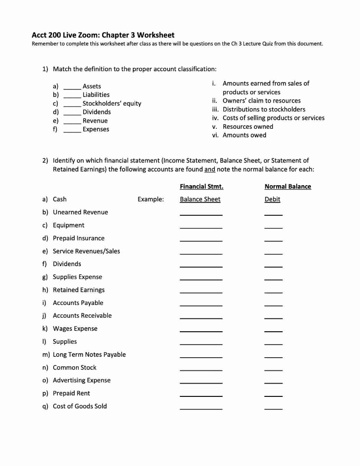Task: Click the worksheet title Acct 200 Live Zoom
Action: pos(103,35)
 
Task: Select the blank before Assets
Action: pos(72,87)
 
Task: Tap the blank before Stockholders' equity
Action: pos(72,104)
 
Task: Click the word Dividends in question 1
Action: pos(96,112)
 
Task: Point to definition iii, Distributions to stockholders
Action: pos(264,109)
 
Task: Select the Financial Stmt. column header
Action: pos(201,187)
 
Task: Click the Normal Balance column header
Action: pos(288,187)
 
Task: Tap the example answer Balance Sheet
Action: pos(200,199)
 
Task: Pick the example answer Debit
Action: pos(272,199)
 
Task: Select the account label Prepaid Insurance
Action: pos(78,238)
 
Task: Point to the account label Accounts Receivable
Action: pos(82,315)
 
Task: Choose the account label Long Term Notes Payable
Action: pos(89,355)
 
